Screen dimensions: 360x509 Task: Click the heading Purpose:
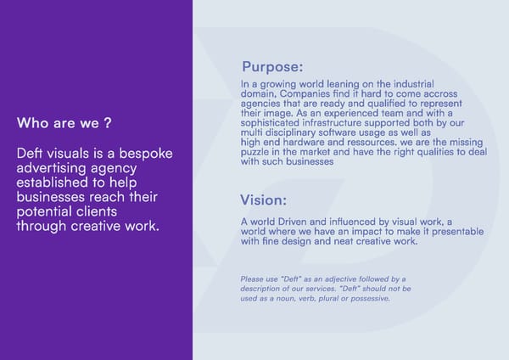point(272,67)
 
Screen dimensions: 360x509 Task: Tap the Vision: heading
point(263,201)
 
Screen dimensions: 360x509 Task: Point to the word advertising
point(51,168)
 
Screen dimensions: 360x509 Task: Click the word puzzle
point(257,152)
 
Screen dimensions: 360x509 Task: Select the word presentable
point(450,232)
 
